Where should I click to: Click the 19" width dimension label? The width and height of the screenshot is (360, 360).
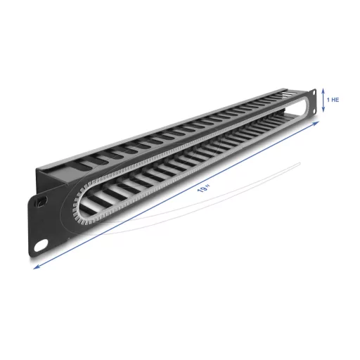tap(204, 188)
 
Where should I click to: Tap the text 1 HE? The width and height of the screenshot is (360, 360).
tap(333, 100)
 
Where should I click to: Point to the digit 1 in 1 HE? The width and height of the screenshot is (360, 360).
tap(328, 100)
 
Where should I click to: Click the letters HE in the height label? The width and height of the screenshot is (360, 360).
tap(335, 100)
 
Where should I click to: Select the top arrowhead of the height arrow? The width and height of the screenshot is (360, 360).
tap(323, 90)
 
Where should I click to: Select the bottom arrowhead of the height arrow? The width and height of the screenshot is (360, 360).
tap(323, 110)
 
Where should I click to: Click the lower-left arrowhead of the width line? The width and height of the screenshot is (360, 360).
tap(37, 266)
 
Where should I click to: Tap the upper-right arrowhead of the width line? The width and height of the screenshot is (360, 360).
tap(316, 123)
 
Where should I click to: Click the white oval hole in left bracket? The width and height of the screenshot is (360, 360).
tap(41, 245)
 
